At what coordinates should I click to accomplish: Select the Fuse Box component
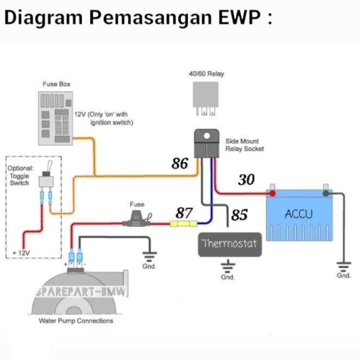[57, 117]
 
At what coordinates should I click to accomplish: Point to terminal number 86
[180, 163]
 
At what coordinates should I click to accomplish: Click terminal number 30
[246, 179]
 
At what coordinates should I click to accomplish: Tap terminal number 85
[239, 215]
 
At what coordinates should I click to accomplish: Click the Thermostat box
[228, 243]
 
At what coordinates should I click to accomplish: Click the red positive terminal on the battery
[272, 192]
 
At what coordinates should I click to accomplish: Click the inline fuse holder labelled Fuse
[136, 222]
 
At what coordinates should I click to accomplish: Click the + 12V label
[22, 253]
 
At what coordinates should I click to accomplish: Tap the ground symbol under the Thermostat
[227, 266]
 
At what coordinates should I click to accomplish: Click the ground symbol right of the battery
[343, 266]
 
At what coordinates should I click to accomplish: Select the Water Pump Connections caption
[76, 321]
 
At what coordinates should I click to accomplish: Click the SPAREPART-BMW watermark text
[82, 292]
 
